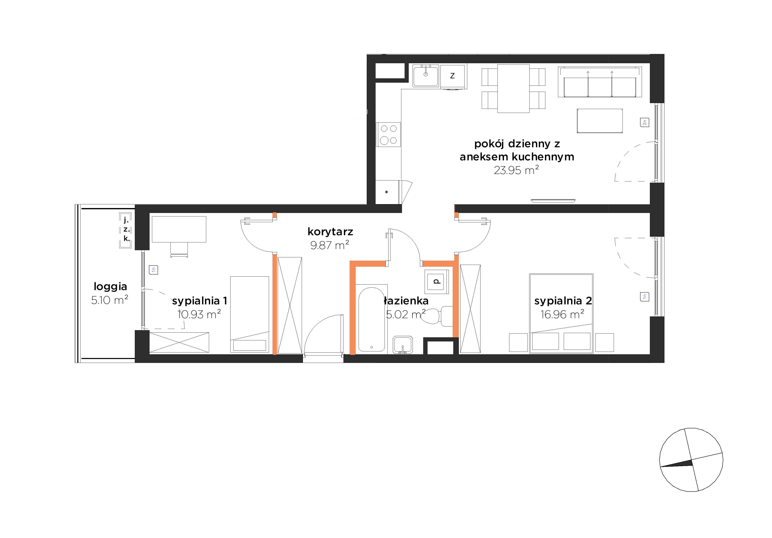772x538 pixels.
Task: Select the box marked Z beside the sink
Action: coord(452,76)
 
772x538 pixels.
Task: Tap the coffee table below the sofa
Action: coord(600,121)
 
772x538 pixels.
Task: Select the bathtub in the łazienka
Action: coord(371,320)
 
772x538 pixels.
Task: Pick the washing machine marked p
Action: coord(437,282)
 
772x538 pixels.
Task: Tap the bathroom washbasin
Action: coord(403,344)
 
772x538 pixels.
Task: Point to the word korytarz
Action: coord(330,232)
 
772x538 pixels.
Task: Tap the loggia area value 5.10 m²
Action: coord(110,300)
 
